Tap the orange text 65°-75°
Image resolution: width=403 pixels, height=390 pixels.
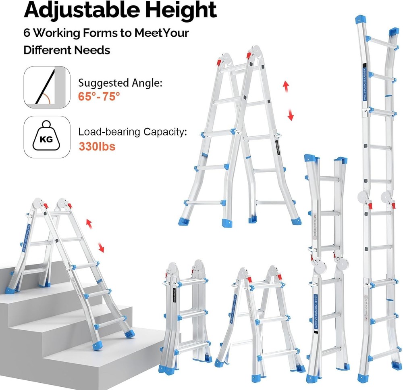click(99, 96)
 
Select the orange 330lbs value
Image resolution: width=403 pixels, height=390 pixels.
click(97, 146)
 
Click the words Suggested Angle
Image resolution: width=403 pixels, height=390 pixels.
click(120, 83)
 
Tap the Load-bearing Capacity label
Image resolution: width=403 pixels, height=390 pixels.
click(133, 132)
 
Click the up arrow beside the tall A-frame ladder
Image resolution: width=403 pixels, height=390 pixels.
click(286, 86)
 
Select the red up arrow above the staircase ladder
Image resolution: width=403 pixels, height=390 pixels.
click(89, 223)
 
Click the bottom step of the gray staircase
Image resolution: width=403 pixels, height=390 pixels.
click(101, 363)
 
